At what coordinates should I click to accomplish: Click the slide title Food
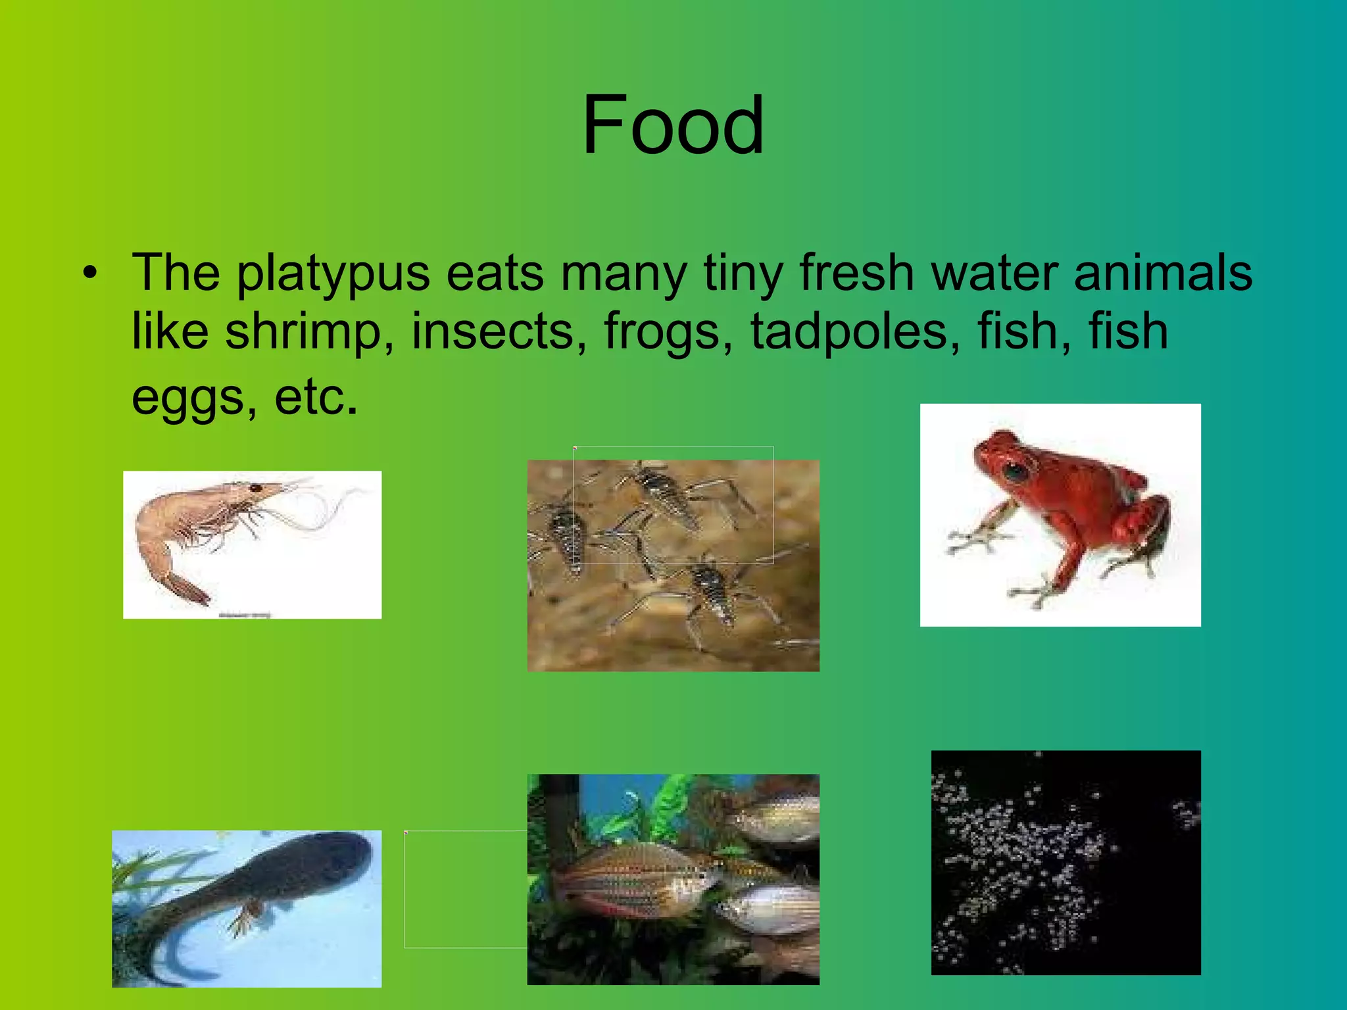point(673,125)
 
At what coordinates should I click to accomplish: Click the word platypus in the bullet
point(333,274)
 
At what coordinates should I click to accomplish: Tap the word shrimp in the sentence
point(303,331)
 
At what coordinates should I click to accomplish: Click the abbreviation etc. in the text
point(316,397)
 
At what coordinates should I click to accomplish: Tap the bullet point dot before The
point(91,272)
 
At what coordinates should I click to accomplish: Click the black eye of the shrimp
point(255,488)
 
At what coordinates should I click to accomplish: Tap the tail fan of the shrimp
point(190,590)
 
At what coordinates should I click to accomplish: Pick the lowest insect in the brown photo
point(710,592)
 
